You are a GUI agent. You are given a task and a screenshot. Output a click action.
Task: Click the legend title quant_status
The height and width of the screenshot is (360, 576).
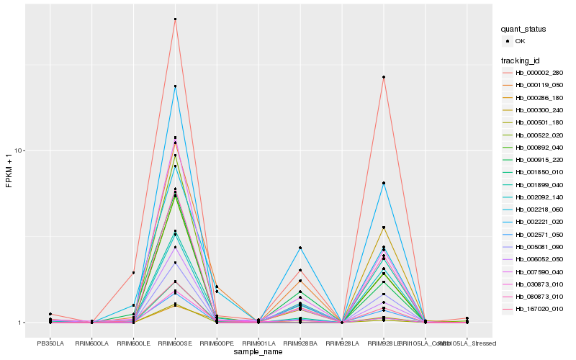524,29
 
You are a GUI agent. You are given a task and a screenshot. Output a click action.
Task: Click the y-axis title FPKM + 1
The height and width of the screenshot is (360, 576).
9,171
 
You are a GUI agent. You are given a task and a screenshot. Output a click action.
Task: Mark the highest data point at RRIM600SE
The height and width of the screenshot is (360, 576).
175,19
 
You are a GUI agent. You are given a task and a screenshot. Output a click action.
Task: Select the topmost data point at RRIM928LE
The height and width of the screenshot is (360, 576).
384,77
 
